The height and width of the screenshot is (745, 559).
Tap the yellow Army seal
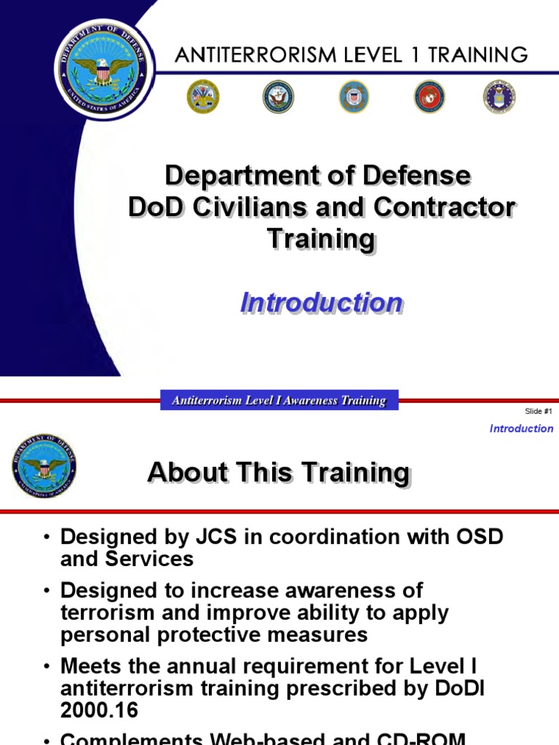[202, 97]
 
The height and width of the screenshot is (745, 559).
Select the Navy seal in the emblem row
[278, 97]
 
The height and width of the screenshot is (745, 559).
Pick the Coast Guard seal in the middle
[354, 97]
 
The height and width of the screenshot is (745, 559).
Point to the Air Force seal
[499, 97]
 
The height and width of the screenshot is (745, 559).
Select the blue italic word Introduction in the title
[321, 303]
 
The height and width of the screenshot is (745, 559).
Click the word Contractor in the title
[444, 207]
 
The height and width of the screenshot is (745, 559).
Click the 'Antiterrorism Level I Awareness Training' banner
[279, 400]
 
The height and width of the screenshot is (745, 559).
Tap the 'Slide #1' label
[539, 412]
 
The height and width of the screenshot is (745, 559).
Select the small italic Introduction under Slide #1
[521, 429]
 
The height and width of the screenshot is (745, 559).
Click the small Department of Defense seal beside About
[44, 466]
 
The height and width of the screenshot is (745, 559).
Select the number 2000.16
[99, 710]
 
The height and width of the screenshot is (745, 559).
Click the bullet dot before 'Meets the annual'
[47, 667]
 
